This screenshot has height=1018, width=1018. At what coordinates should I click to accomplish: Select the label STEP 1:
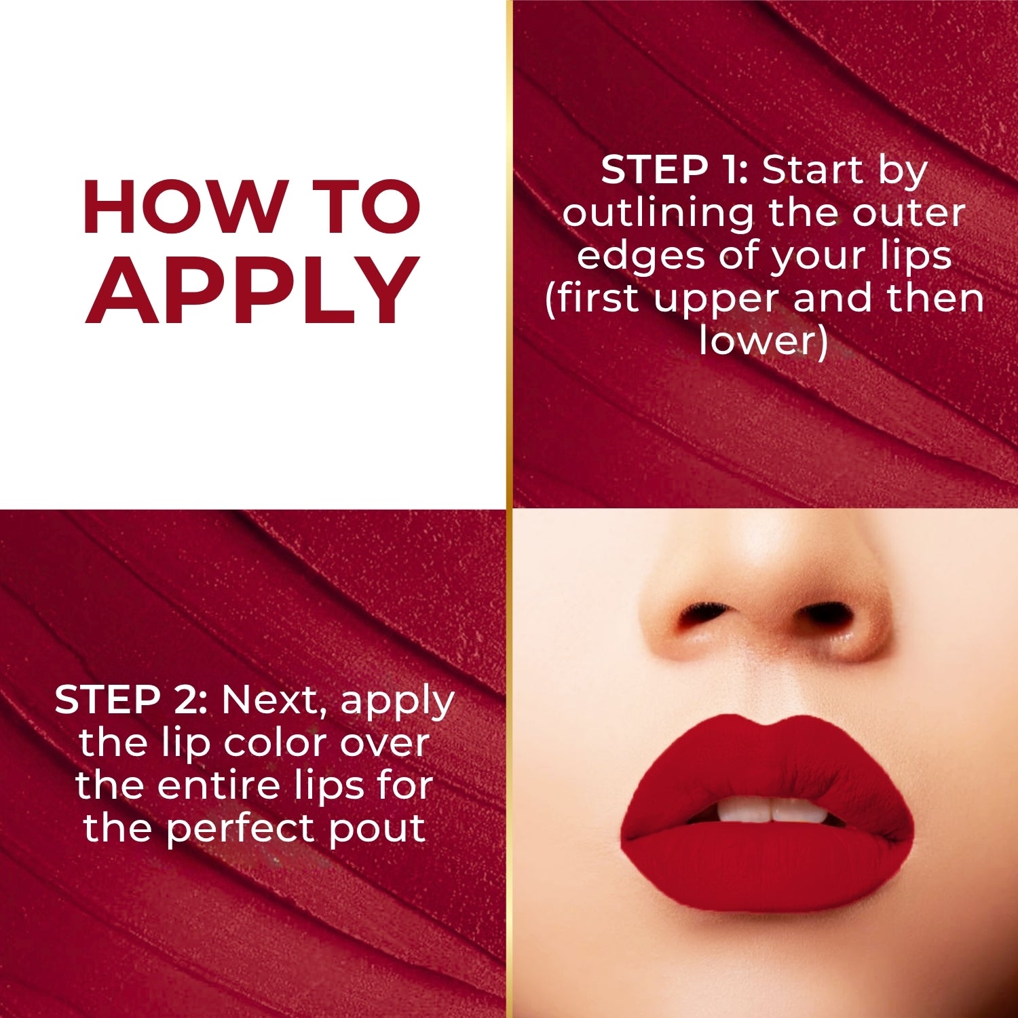pos(674,170)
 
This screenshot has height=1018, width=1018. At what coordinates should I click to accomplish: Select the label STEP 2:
pos(130,699)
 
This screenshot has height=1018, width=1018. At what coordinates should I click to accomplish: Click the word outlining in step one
pos(658,213)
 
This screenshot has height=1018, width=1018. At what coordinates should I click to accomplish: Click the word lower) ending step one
pos(763,341)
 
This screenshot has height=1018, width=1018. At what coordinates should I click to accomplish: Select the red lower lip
pos(767,869)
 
